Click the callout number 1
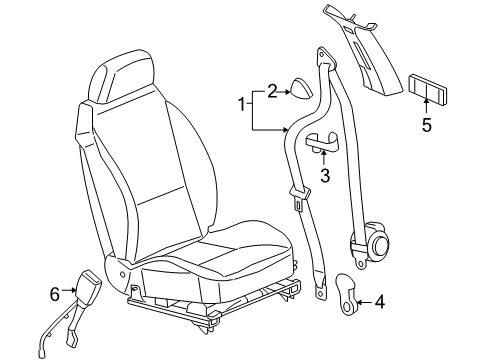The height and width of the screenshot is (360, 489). click(x=241, y=104)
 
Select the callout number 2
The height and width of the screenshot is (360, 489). click(x=272, y=91)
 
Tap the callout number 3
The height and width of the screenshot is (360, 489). click(x=325, y=175)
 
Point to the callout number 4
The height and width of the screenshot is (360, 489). click(x=380, y=302)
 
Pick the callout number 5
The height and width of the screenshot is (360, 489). click(x=427, y=125)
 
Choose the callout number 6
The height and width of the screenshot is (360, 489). click(x=55, y=294)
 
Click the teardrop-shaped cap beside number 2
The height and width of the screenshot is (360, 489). click(x=302, y=89)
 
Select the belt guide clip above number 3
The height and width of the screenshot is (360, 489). click(x=322, y=142)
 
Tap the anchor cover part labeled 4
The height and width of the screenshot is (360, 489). click(x=347, y=294)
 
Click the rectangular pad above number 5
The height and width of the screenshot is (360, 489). click(x=428, y=90)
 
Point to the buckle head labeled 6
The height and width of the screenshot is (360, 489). click(x=88, y=284)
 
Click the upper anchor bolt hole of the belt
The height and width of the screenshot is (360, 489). click(x=321, y=54)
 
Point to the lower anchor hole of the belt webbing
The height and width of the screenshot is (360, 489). click(x=320, y=294)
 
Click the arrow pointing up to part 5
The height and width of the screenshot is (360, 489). click(x=427, y=106)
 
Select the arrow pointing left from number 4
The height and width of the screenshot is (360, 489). click(x=364, y=302)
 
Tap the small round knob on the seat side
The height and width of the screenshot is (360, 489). click(x=123, y=275)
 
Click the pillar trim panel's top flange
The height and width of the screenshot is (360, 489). click(x=350, y=18)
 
